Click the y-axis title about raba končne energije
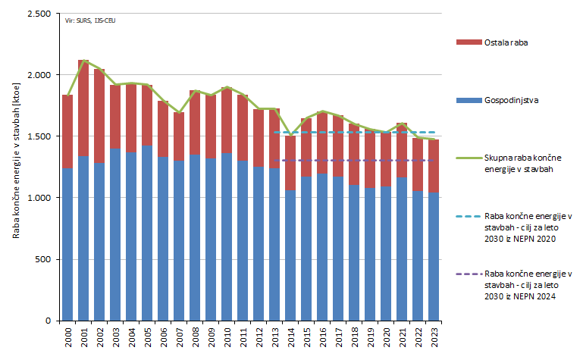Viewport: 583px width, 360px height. (x=16, y=167)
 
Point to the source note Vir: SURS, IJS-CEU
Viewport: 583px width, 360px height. (x=85, y=20)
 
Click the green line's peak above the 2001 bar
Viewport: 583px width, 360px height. (x=83, y=60)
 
